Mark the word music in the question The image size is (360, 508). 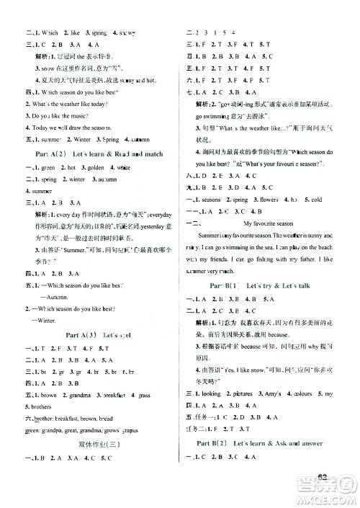[60, 116]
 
